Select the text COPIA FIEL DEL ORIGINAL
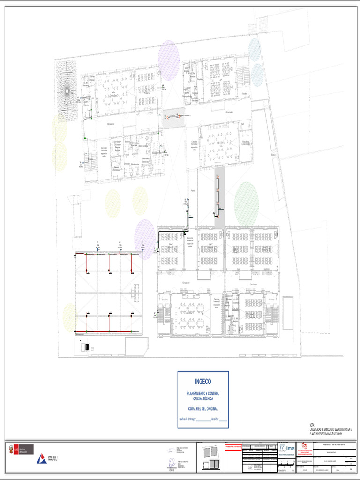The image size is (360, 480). click(203, 409)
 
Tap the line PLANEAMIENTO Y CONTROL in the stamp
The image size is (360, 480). click(203, 393)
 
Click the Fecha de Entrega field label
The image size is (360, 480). click(187, 419)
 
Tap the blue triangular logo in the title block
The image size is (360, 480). click(41, 459)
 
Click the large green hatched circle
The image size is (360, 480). click(247, 204)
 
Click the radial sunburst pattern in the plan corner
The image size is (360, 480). click(67, 90)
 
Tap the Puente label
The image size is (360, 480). click(192, 191)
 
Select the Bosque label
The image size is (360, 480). click(273, 155)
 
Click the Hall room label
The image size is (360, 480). click(243, 124)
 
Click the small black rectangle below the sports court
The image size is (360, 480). click(86, 347)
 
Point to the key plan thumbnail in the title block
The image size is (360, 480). click(210, 457)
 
